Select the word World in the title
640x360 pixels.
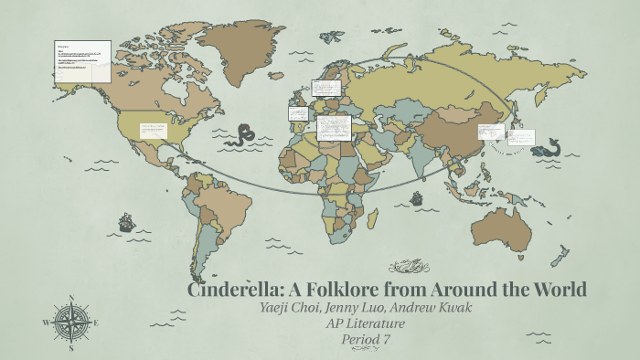(551, 291)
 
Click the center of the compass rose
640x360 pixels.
(70, 323)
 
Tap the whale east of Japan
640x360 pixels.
(549, 146)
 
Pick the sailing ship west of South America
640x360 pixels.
(125, 221)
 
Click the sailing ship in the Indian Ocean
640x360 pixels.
(417, 198)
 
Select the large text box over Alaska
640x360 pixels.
(83, 62)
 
